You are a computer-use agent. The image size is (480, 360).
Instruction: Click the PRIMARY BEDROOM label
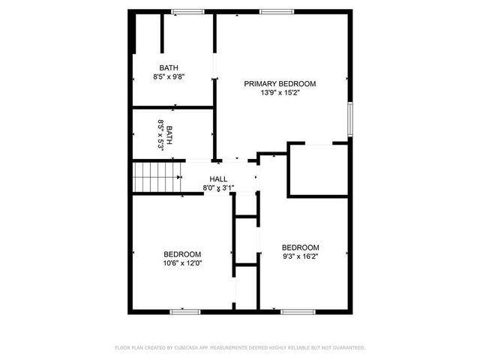pyautogui.click(x=280, y=83)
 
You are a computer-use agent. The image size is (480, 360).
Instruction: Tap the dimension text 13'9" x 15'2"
pyautogui.click(x=280, y=93)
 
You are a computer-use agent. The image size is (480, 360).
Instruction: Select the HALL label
pyautogui.click(x=218, y=178)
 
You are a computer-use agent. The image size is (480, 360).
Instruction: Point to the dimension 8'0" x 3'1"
pyautogui.click(x=218, y=187)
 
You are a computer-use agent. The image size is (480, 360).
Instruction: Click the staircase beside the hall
pyautogui.click(x=157, y=178)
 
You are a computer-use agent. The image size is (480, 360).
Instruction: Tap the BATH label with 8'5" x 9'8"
pyautogui.click(x=169, y=67)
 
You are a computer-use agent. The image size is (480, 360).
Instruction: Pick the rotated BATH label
pyautogui.click(x=170, y=135)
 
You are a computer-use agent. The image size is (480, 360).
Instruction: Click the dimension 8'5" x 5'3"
pyautogui.click(x=160, y=135)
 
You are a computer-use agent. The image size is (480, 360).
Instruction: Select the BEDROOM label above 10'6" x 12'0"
pyautogui.click(x=182, y=253)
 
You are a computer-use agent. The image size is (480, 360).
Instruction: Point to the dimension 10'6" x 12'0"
pyautogui.click(x=182, y=263)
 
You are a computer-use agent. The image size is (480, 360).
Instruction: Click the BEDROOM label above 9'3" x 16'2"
pyautogui.click(x=300, y=247)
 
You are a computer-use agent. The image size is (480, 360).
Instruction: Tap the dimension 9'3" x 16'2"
pyautogui.click(x=300, y=257)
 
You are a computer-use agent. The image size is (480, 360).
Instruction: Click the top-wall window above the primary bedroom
pyautogui.click(x=275, y=11)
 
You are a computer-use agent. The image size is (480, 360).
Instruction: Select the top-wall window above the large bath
pyautogui.click(x=187, y=11)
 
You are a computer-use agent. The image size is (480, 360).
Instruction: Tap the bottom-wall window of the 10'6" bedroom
pyautogui.click(x=185, y=310)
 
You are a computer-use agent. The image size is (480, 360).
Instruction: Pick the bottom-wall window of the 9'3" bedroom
pyautogui.click(x=297, y=310)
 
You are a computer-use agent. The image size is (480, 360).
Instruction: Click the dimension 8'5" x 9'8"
pyautogui.click(x=169, y=76)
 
